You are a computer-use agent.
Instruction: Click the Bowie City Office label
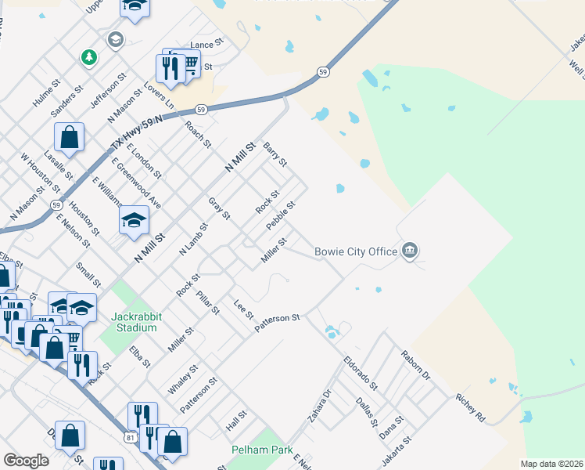pyautogui.click(x=356, y=251)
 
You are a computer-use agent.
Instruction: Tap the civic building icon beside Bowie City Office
pyautogui.click(x=410, y=251)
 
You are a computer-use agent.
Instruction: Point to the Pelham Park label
pyautogui.click(x=262, y=450)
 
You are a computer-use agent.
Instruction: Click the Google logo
pyautogui.click(x=26, y=461)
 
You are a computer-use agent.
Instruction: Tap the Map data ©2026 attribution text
pyautogui.click(x=551, y=464)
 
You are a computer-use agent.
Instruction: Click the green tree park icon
pyautogui.click(x=89, y=57)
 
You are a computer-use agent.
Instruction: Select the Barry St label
pyautogui.click(x=275, y=154)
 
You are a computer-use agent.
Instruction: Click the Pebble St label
pyautogui.click(x=279, y=215)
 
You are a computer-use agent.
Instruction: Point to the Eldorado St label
pyautogui.click(x=360, y=374)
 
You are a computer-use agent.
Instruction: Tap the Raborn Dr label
pyautogui.click(x=415, y=365)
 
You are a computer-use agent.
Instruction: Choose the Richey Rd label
pyautogui.click(x=470, y=408)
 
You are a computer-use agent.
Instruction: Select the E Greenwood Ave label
pyautogui.click(x=136, y=183)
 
